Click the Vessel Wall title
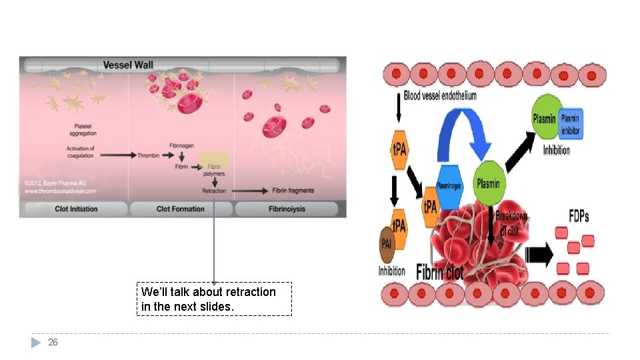tap(128, 65)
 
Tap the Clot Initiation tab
tap(76, 209)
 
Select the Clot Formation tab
tap(181, 209)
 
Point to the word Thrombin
tap(149, 155)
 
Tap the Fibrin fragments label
tap(293, 191)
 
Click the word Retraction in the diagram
tap(214, 191)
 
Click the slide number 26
tap(53, 343)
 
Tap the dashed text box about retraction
tap(214, 299)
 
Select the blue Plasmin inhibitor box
tap(571, 124)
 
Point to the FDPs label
tap(579, 217)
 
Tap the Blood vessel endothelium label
tap(440, 96)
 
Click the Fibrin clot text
tap(439, 272)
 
